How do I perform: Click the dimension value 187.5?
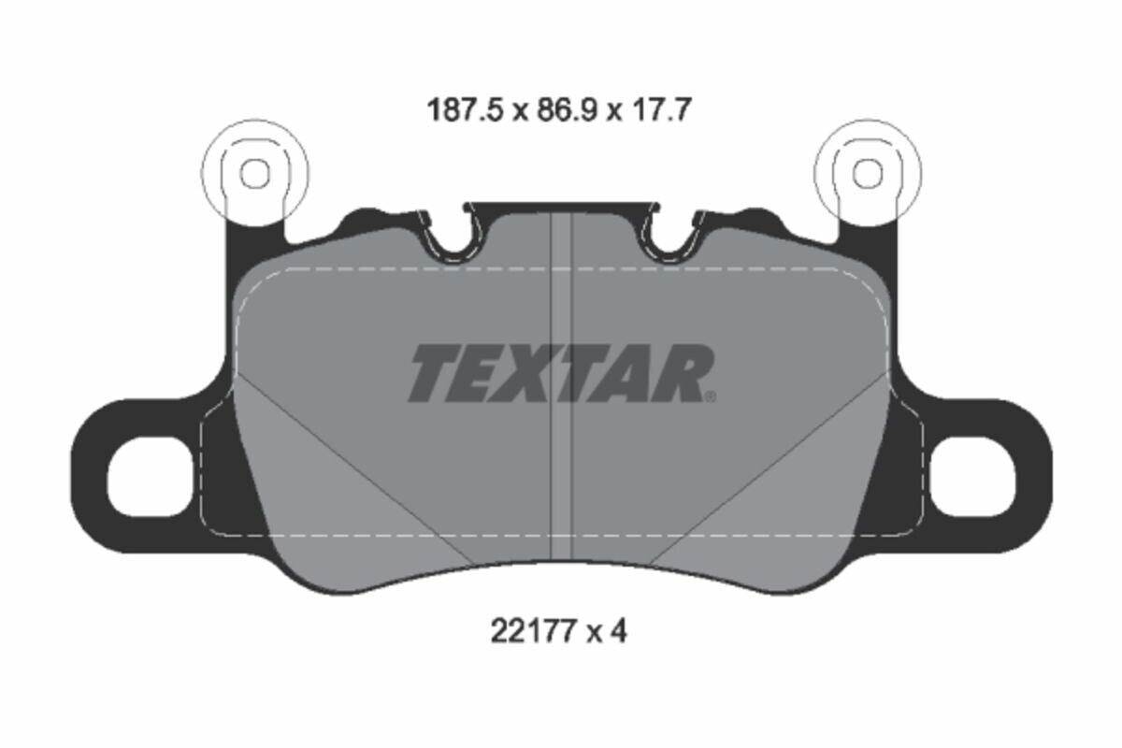[x=464, y=109]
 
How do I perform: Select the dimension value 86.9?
[x=567, y=109]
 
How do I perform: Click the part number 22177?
[x=531, y=632]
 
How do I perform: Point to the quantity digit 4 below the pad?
[x=618, y=632]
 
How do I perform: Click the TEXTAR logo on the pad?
[x=561, y=373]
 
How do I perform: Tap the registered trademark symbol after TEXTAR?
[x=711, y=397]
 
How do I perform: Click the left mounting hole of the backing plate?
[x=150, y=476]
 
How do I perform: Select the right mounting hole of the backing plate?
[x=972, y=476]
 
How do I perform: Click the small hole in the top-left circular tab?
[x=255, y=174]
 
